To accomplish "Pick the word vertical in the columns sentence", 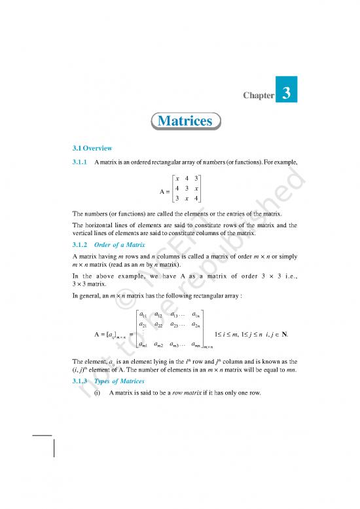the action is pyautogui.click(x=84, y=233).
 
